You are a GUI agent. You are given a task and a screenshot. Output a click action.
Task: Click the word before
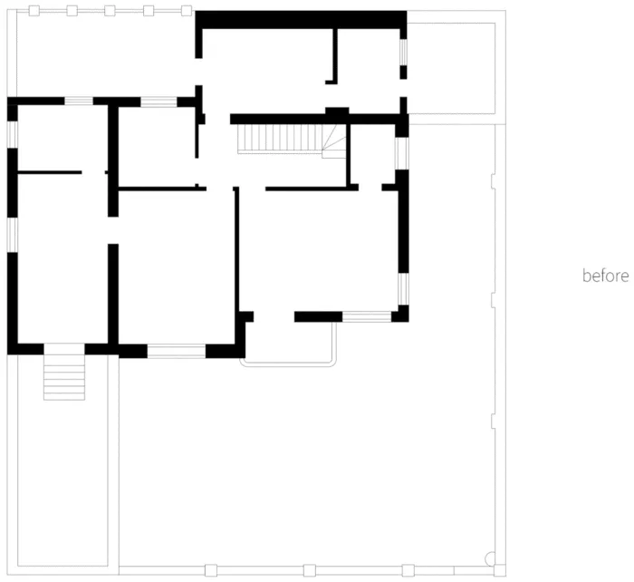point(605,276)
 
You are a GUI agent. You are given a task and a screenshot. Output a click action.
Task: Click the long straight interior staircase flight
point(280,139)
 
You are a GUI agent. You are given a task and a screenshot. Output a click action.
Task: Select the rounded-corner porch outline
point(287,365)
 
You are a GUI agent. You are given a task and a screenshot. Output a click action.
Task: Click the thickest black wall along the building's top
point(301,20)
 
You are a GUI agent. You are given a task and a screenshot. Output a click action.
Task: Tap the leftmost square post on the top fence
point(34,11)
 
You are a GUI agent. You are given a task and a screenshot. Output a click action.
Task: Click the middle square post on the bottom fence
point(310,570)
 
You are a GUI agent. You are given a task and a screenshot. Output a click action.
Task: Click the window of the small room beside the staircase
point(401,153)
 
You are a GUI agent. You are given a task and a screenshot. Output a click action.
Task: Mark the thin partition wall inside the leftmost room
point(50,172)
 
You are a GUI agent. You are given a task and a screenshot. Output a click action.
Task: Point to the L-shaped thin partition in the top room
point(333,56)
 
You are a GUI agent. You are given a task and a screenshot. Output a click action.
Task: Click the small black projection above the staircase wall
point(337,111)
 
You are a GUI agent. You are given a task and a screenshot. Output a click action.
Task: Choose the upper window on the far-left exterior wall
point(13,134)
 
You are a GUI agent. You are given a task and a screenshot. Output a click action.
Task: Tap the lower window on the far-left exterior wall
point(13,235)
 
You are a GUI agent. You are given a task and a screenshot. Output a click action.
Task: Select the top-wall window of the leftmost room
point(79,101)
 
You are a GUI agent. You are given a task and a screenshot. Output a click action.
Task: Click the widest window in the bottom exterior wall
point(177,351)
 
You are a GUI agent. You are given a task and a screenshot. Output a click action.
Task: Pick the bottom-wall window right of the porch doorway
point(367,316)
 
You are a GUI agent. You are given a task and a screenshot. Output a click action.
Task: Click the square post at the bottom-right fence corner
point(500,570)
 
